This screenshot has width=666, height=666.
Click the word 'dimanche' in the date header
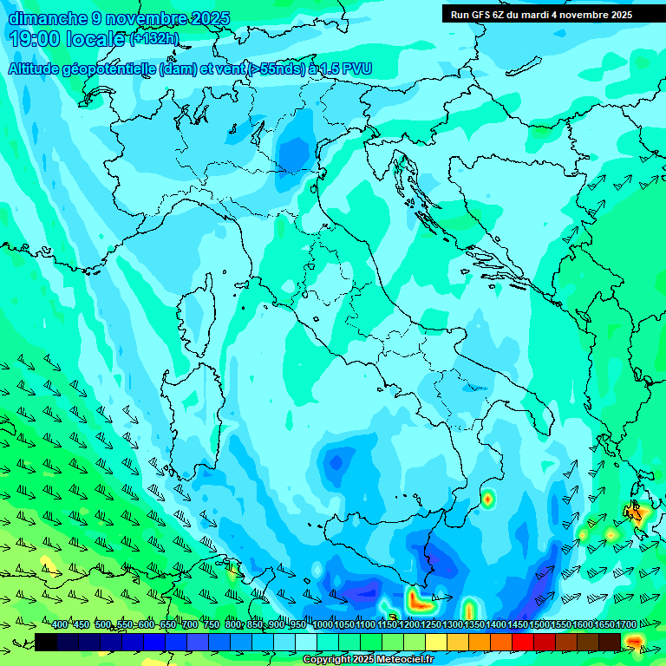point(48,18)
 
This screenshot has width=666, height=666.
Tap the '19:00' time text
point(36,39)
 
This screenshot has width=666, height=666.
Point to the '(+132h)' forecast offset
point(153,39)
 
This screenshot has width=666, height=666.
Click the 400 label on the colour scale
point(60,625)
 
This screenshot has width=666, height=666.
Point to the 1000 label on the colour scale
point(323,625)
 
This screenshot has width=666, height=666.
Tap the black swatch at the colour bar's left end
point(46,642)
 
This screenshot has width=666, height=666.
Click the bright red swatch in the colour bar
point(523,642)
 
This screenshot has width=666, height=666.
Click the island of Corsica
point(197,317)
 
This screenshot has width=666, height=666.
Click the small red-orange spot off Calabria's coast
point(488,498)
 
